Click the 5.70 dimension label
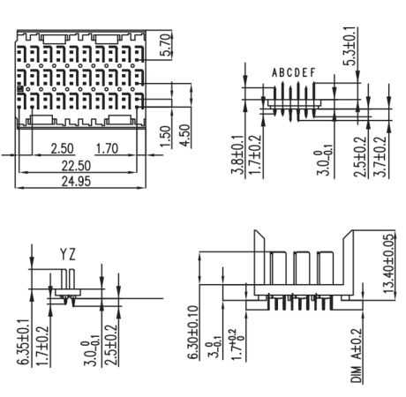(166, 45)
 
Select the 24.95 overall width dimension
(76, 181)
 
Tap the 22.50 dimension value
(76, 166)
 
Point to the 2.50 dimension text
(62, 148)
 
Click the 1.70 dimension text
(107, 148)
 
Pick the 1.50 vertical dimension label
(166, 136)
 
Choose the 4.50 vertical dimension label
(185, 135)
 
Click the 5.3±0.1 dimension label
(351, 46)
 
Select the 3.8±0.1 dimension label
(238, 154)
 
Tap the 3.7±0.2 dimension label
(380, 156)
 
